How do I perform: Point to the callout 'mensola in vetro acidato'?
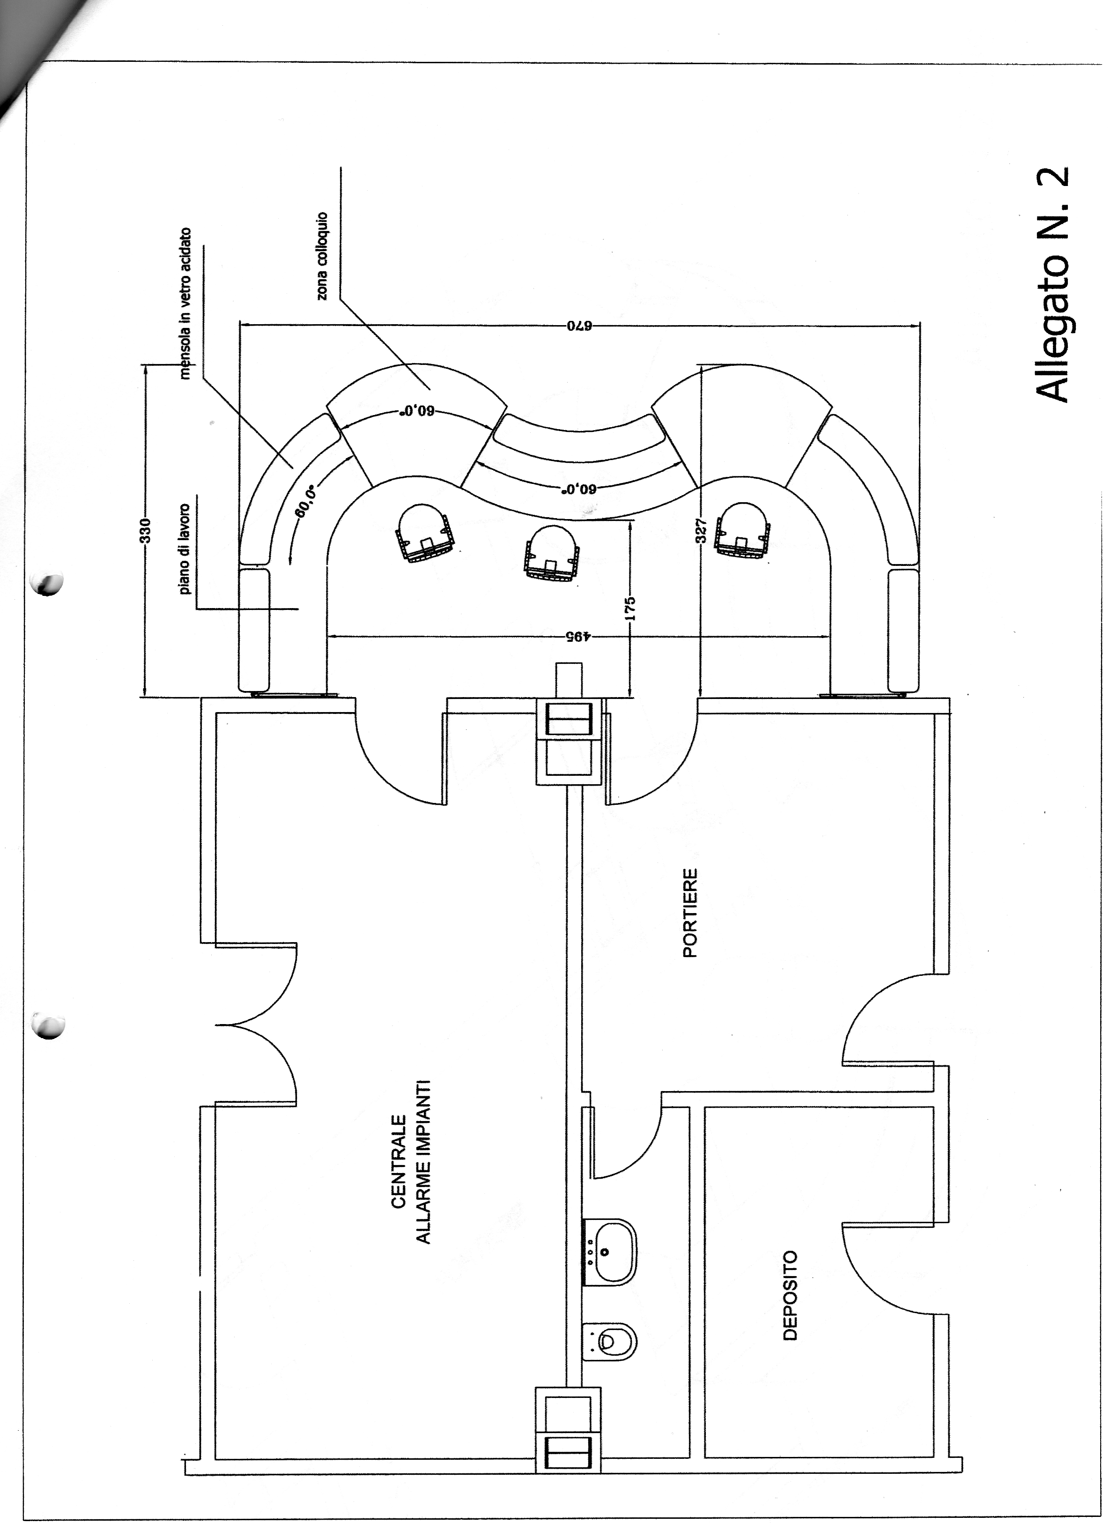point(186,303)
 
